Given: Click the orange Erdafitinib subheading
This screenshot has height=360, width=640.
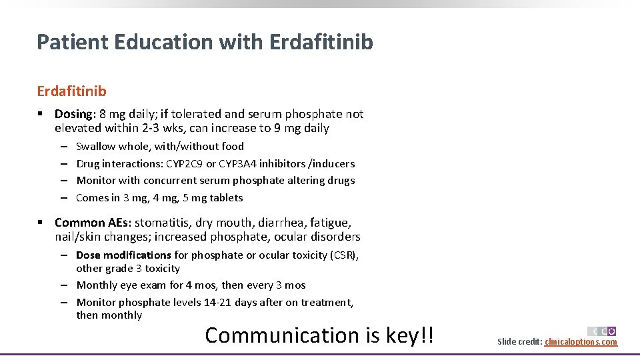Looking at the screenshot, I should tap(71, 90).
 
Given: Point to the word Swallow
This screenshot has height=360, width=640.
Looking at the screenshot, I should tap(95, 147).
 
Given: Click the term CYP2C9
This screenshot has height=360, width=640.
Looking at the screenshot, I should tap(185, 163).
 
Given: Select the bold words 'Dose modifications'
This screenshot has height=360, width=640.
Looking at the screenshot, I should tap(123, 255).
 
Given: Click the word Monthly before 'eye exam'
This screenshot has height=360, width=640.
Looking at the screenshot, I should tap(98, 285).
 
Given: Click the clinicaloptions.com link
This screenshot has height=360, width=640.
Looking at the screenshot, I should tap(581, 342).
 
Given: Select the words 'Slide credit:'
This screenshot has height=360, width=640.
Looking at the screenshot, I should tap(519, 342).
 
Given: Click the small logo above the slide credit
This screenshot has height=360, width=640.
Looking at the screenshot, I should tap(602, 331).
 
